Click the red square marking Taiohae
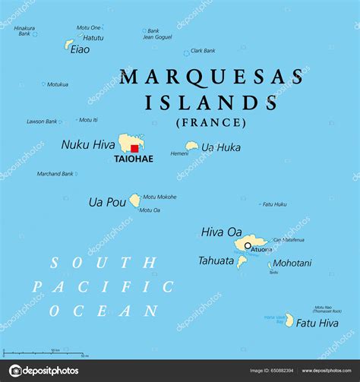(x=134, y=149)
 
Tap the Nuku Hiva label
(x=88, y=144)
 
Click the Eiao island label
(x=80, y=49)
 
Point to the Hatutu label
(x=93, y=37)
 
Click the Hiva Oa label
(x=222, y=232)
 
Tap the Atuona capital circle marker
(x=248, y=246)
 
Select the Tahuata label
(x=216, y=260)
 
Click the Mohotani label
(x=292, y=263)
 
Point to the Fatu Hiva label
(x=317, y=323)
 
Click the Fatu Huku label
(x=274, y=204)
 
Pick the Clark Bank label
(x=203, y=51)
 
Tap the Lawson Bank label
(x=42, y=121)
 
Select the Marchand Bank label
(x=55, y=173)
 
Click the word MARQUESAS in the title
(x=210, y=77)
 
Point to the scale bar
(x=46, y=352)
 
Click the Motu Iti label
(x=89, y=119)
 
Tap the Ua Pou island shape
(x=134, y=200)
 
